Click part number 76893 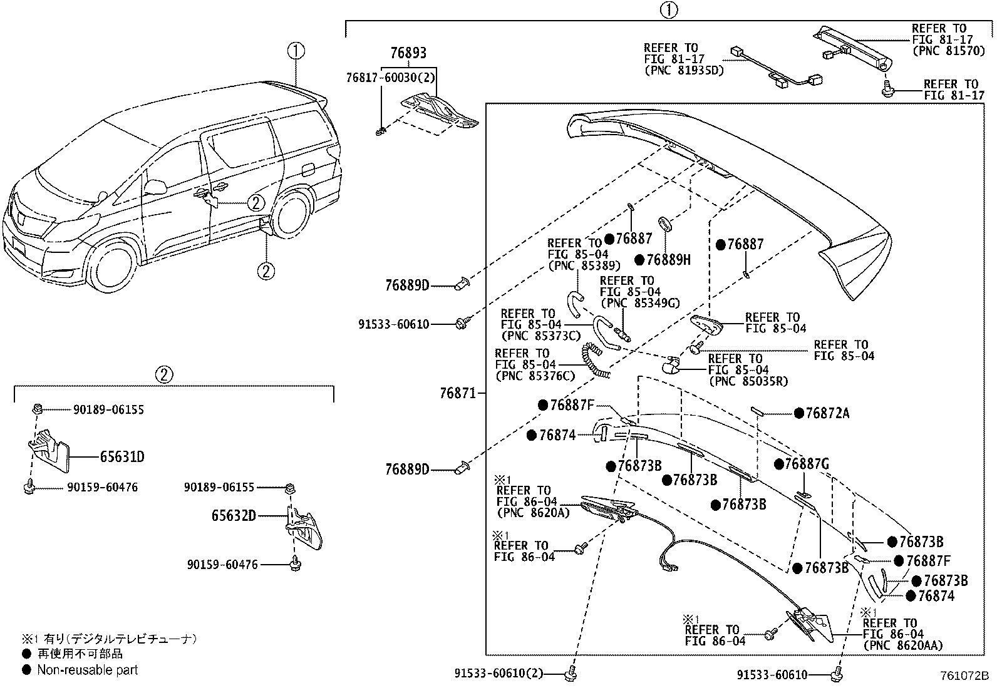(408, 53)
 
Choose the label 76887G (806, 465)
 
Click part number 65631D (121, 457)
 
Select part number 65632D (233, 516)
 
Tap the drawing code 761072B (964, 676)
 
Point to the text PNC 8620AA (903, 645)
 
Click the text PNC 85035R (748, 381)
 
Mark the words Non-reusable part (87, 670)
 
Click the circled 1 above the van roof (296, 51)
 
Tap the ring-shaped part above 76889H (665, 224)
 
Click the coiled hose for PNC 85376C (596, 361)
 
